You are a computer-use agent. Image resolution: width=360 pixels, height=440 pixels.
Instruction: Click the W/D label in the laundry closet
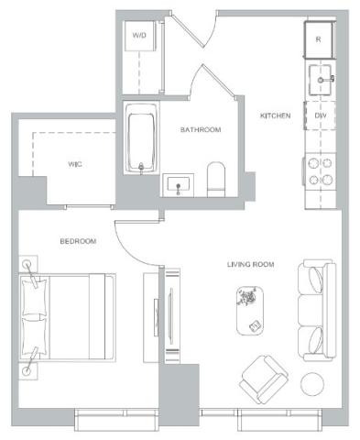[x=139, y=35]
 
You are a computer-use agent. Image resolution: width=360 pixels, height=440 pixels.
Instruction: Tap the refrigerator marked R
[x=320, y=39]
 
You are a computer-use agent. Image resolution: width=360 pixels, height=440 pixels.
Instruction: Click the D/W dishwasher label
[x=321, y=115]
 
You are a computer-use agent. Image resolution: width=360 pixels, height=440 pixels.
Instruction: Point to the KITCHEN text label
[x=275, y=115]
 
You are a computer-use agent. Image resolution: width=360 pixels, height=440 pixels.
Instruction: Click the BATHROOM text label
[x=201, y=129]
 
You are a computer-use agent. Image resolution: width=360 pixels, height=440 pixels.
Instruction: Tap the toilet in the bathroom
[x=216, y=180]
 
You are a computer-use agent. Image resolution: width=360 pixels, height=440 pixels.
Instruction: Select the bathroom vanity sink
[x=179, y=185]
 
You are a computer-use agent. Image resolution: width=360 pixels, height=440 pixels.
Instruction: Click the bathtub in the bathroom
[x=141, y=138]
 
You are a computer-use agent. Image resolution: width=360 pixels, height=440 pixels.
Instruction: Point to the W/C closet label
[x=75, y=164]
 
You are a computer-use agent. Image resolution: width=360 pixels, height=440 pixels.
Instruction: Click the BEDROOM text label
[x=78, y=241]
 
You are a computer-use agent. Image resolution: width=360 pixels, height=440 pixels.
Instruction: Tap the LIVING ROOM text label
[x=250, y=264]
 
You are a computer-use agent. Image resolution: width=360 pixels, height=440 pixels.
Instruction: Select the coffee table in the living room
[x=250, y=311]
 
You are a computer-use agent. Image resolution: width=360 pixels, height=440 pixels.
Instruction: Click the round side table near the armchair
[x=312, y=384]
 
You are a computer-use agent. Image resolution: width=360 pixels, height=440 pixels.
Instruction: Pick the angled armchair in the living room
[x=265, y=379]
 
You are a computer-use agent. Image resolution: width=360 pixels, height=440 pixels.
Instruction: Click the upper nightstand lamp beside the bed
[x=27, y=264]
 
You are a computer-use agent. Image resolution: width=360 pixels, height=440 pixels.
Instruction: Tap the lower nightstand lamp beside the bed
[x=27, y=371]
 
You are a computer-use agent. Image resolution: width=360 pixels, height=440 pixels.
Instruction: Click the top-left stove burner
[x=313, y=164]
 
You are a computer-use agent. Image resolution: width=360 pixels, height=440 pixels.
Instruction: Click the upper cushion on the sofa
[x=316, y=280]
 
